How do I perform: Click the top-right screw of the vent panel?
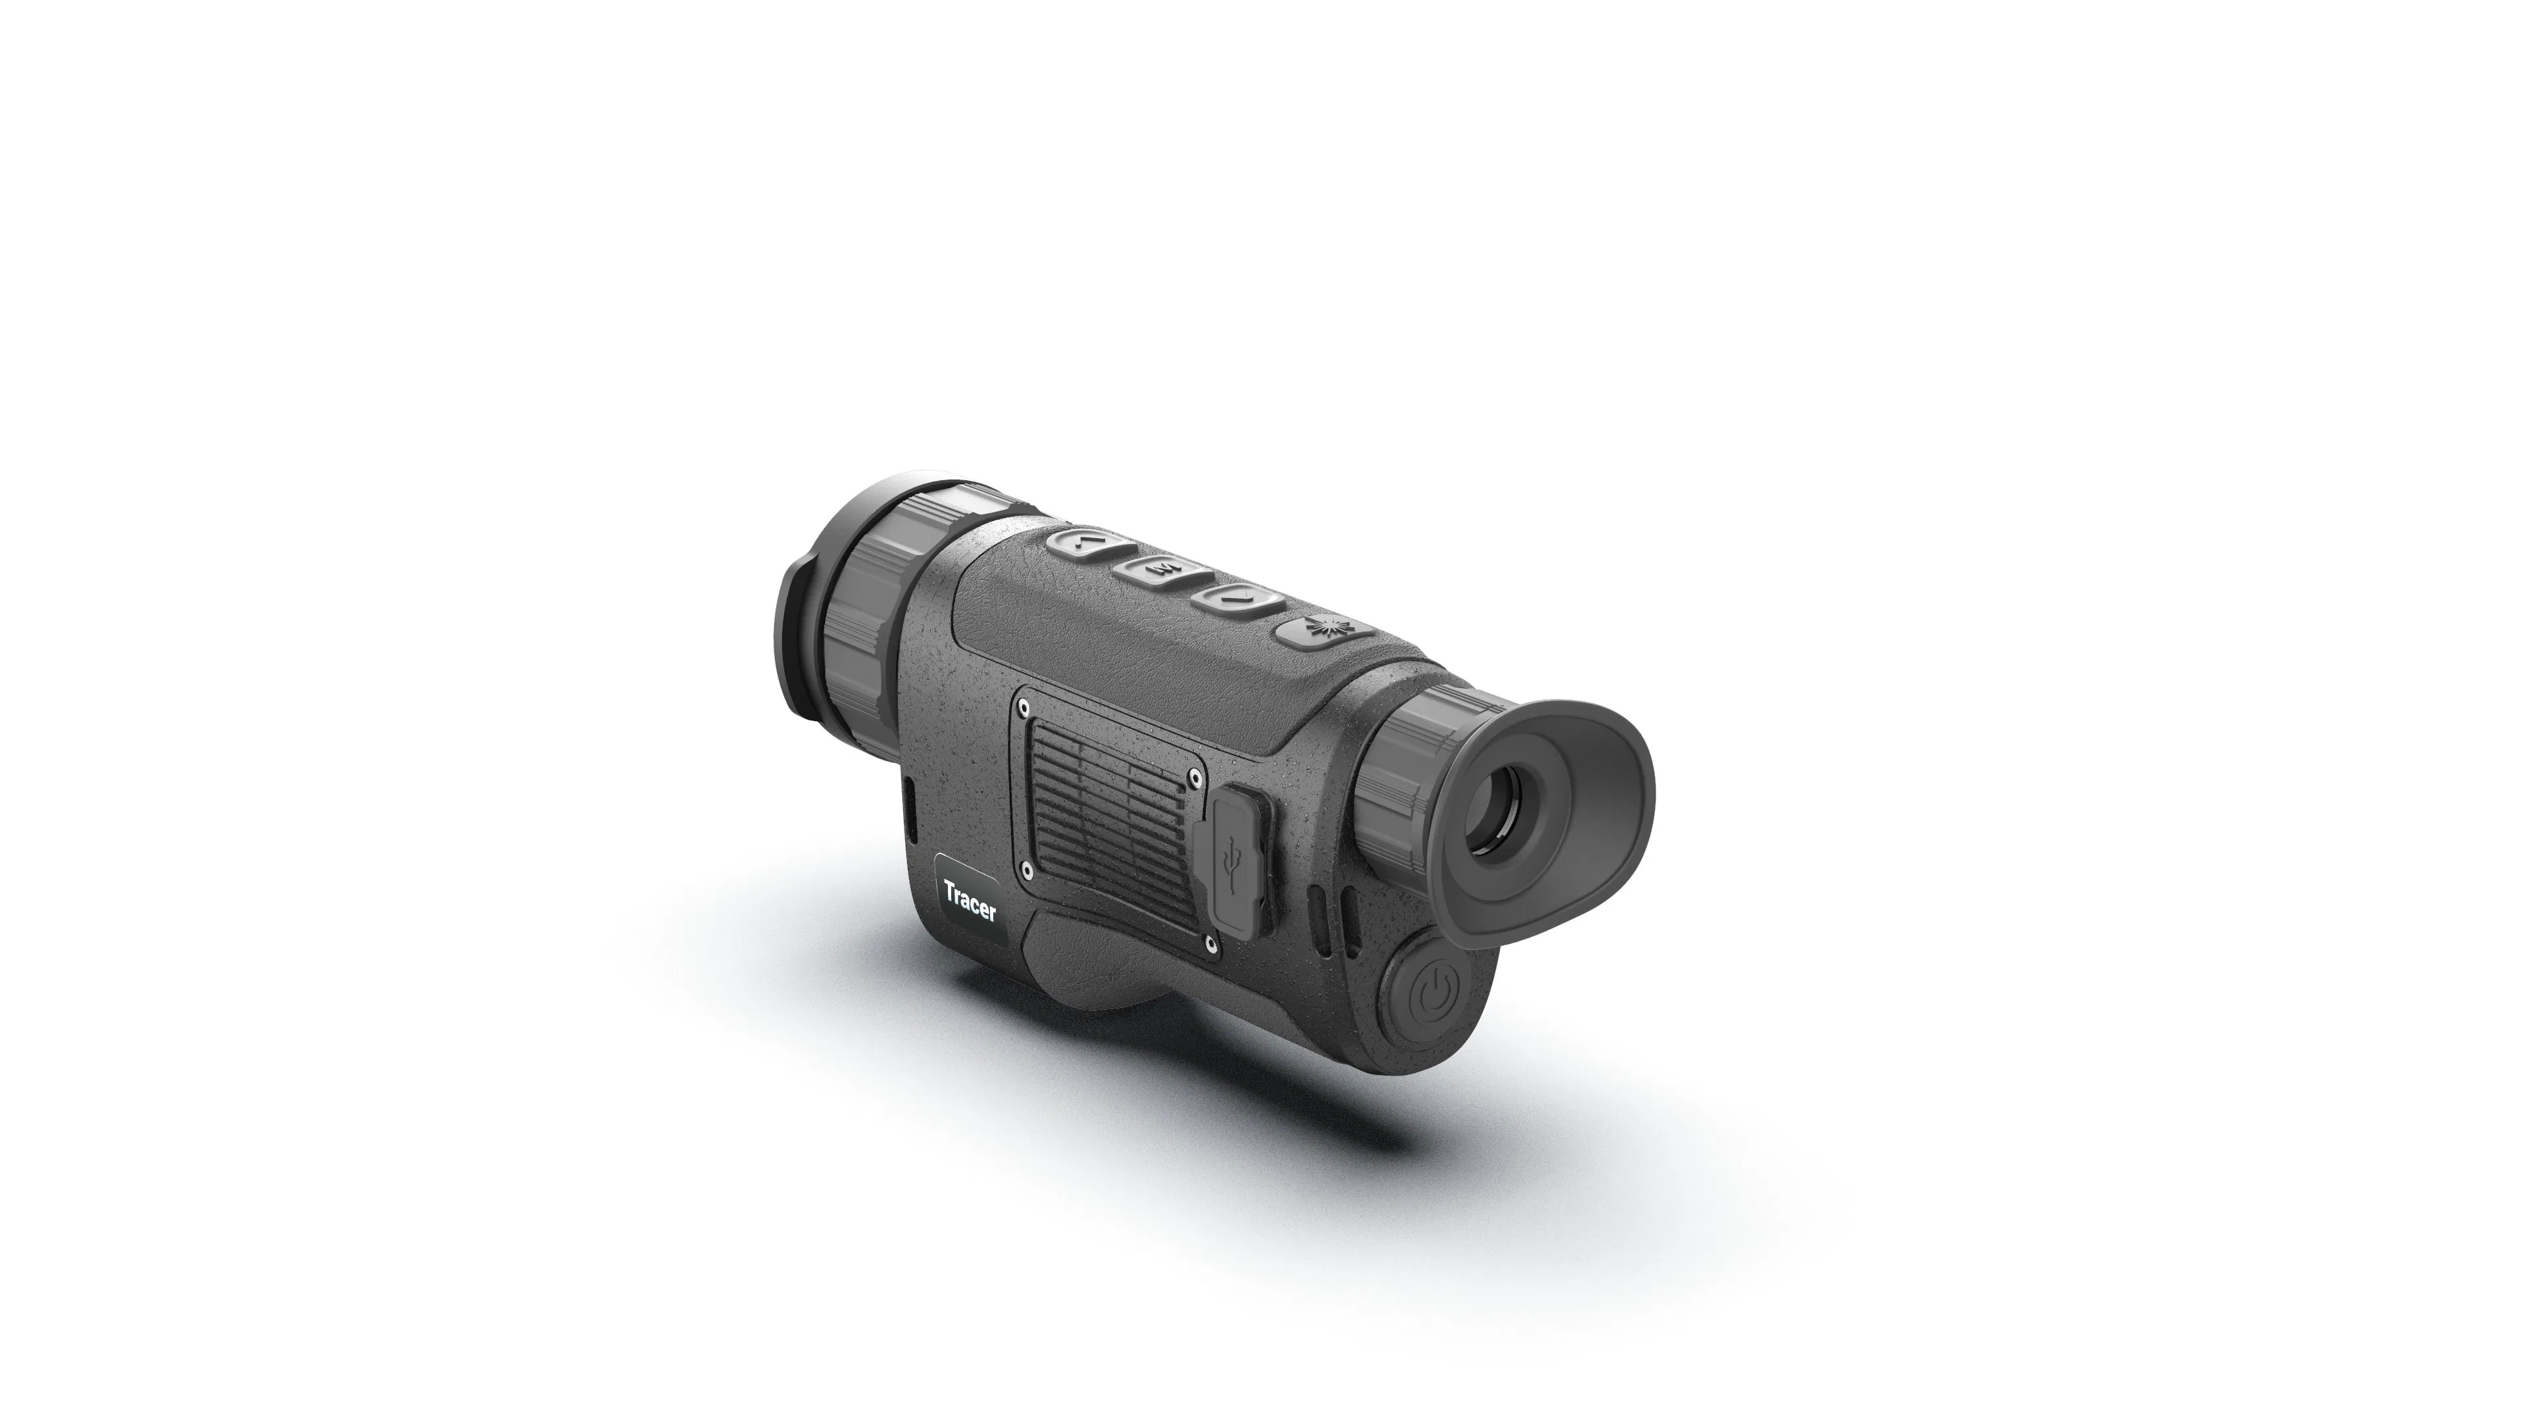[1195, 777]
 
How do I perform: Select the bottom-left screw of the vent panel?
[1026, 868]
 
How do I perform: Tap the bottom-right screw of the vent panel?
[1212, 943]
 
